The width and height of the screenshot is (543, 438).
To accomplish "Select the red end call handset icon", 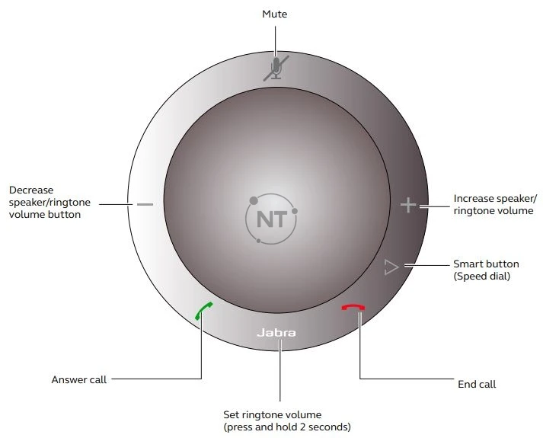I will [x=353, y=307].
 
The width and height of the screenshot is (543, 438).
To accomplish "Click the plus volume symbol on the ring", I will [x=409, y=205].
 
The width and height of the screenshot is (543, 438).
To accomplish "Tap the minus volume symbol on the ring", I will [x=145, y=204].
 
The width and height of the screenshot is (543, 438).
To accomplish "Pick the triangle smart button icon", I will [x=391, y=267].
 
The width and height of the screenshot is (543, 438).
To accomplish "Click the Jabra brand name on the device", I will [x=276, y=333].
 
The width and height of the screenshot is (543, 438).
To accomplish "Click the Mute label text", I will [x=275, y=14].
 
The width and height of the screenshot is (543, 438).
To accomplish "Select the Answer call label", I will [x=79, y=379].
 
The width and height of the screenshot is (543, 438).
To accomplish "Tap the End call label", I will [x=477, y=384].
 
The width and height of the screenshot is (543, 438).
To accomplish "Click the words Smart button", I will [x=482, y=264].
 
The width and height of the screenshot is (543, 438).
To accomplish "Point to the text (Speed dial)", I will [x=482, y=276].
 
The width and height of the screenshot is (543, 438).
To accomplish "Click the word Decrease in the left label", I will [x=31, y=190].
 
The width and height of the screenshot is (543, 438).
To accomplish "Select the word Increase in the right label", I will [x=475, y=198].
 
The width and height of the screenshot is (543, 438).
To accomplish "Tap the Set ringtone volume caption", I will [x=273, y=414].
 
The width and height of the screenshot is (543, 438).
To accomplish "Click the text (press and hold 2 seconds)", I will [x=287, y=427].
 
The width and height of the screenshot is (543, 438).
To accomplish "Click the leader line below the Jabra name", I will [x=279, y=373].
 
